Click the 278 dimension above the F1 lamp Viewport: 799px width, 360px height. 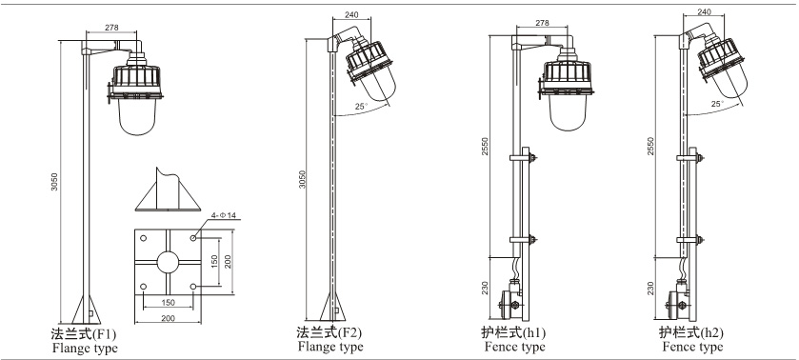(x=111, y=28)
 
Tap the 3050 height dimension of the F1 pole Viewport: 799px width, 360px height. (x=54, y=182)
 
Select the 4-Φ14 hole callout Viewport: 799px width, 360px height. (x=225, y=215)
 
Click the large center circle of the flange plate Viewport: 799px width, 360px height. (x=168, y=262)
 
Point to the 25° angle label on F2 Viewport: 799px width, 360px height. (x=361, y=107)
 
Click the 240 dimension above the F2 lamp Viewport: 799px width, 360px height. (x=351, y=15)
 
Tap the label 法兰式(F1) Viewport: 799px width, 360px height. (x=84, y=334)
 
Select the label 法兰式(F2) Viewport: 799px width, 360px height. (x=330, y=333)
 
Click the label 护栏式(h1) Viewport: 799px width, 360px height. (x=513, y=333)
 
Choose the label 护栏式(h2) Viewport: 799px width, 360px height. (x=691, y=333)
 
